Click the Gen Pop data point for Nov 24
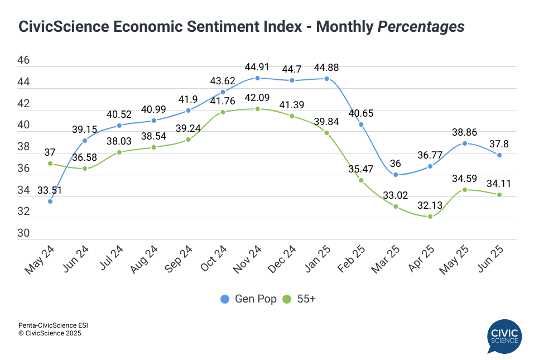click(x=257, y=78)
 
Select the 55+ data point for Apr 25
click(x=430, y=217)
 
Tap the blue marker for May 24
click(x=50, y=201)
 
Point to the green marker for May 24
click(x=50, y=164)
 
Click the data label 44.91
click(x=257, y=67)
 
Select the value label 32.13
click(x=430, y=205)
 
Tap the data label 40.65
click(x=361, y=113)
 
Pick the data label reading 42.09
click(x=257, y=98)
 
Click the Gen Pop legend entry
click(x=248, y=299)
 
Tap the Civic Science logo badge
click(x=504, y=336)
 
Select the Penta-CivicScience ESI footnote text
click(x=54, y=325)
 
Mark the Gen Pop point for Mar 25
click(x=396, y=175)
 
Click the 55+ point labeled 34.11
click(x=499, y=195)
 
